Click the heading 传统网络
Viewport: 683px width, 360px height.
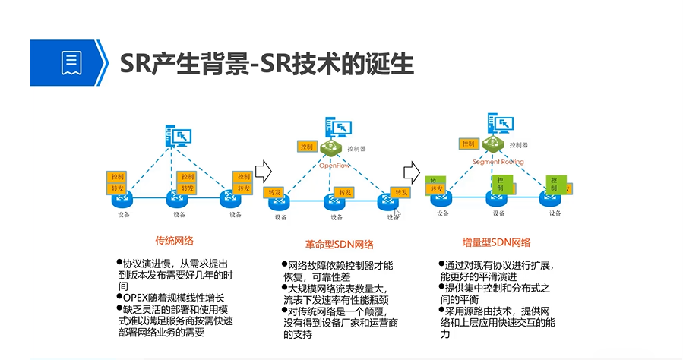pos(174,241)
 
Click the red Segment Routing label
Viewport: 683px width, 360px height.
pos(498,162)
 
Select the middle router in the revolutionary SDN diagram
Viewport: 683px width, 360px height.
pos(334,203)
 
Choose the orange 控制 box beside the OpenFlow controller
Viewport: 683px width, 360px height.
pos(307,147)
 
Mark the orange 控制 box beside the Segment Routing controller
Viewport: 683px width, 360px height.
pos(468,143)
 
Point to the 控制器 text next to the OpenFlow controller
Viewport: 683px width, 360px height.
pos(357,148)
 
